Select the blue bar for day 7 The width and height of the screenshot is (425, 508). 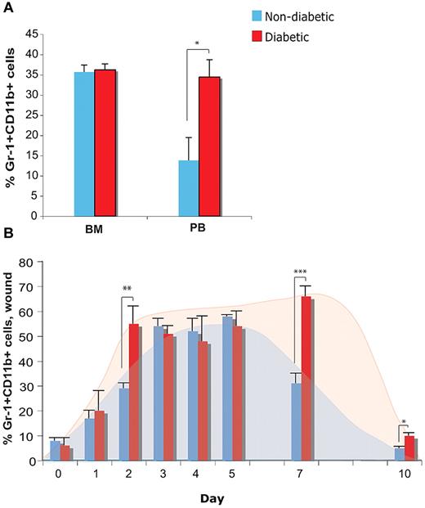[296, 422]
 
